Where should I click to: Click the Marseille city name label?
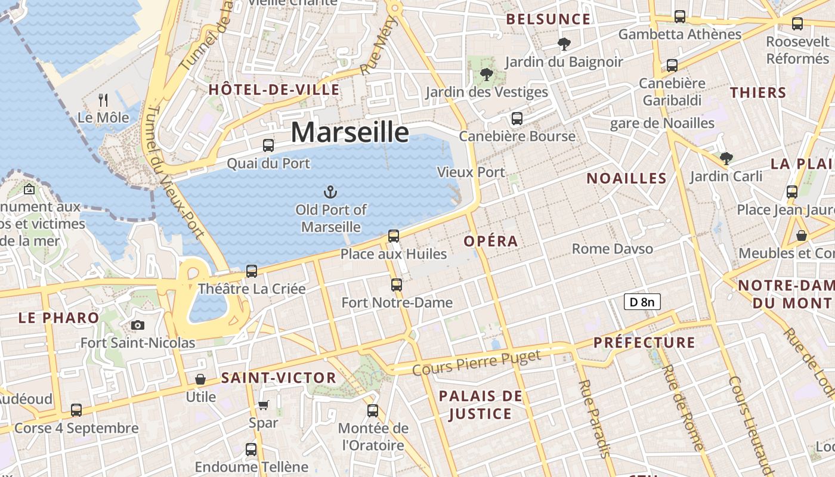[x=350, y=132]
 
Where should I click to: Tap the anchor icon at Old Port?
[x=330, y=191]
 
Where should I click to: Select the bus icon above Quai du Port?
[x=268, y=145]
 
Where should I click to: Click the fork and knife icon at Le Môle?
[x=103, y=100]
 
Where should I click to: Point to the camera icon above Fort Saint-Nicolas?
[x=138, y=325]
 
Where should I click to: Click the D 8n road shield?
[x=642, y=302]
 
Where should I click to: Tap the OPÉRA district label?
[x=491, y=241]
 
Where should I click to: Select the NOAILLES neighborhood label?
[x=626, y=178]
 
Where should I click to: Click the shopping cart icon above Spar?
[x=263, y=405]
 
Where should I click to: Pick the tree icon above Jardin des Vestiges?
[x=486, y=75]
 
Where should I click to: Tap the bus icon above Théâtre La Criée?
[x=252, y=271]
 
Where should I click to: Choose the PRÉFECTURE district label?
[x=644, y=343]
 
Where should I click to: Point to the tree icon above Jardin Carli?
[x=726, y=158]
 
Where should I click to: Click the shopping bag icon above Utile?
[x=200, y=379]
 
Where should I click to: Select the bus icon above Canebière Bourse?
[x=517, y=119]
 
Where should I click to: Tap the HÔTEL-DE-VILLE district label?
[x=274, y=90]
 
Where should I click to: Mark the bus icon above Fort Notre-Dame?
[x=397, y=285]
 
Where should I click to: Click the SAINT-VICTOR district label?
[x=279, y=378]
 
